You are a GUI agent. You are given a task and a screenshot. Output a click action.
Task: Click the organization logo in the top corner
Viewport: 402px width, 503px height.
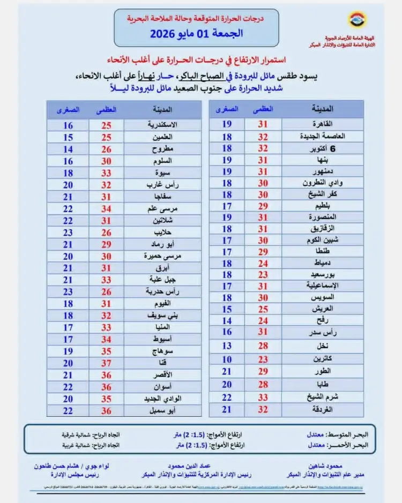click(355, 20)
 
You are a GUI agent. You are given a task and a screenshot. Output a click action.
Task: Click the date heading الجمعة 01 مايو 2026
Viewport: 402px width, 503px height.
click(196, 34)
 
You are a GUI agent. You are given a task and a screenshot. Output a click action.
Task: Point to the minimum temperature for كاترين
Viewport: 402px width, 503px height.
click(227, 359)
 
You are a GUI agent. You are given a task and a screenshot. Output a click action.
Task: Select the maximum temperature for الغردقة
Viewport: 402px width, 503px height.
click(263, 409)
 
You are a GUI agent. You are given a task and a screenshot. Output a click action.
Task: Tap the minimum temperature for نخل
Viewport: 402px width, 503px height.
click(227, 347)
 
